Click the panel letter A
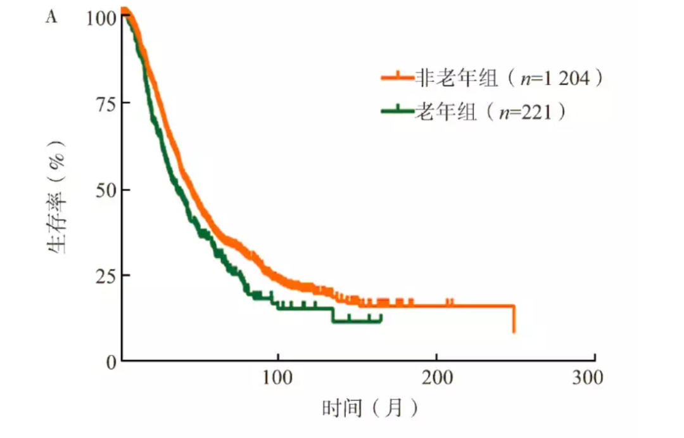tap(51, 17)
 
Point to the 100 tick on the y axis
tap(101, 17)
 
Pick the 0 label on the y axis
tap(110, 361)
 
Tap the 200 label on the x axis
tap(436, 378)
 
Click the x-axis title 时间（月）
tap(370, 408)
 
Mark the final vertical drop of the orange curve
tap(514, 319)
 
